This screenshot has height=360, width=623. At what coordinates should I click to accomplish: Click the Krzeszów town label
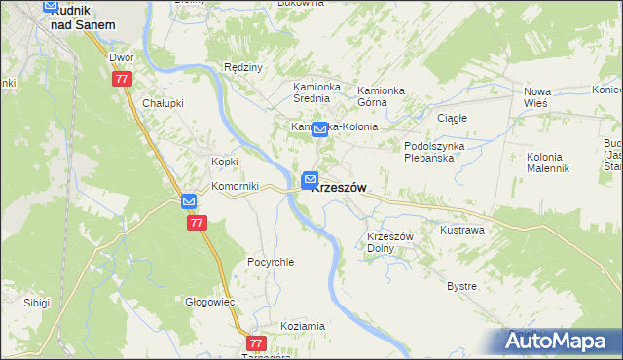(340, 188)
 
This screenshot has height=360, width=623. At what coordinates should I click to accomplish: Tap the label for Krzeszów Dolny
(391, 242)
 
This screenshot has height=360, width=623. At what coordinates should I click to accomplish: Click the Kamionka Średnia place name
(316, 92)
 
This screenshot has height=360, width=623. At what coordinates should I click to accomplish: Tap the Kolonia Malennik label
(547, 162)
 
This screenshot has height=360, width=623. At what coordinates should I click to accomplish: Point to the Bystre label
(461, 286)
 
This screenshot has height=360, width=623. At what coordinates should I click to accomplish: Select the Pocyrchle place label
(271, 262)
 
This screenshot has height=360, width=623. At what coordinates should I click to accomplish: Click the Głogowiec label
(211, 302)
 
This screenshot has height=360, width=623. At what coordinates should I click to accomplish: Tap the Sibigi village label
(36, 303)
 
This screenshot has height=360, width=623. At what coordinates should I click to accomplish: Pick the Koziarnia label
(302, 326)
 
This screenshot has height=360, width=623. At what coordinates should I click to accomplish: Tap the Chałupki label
(163, 103)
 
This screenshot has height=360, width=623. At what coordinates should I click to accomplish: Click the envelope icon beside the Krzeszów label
(311, 178)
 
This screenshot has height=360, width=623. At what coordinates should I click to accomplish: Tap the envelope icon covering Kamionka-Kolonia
(319, 128)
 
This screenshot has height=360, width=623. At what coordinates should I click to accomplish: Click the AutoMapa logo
(559, 341)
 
